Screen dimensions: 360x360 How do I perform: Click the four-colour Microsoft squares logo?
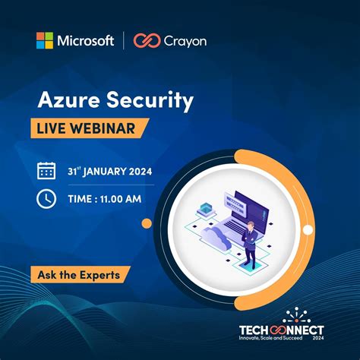pos(45,40)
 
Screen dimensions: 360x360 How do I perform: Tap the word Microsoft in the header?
pos(85,40)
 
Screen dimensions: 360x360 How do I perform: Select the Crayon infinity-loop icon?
pos(146,40)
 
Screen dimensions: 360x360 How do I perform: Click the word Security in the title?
pos(150,100)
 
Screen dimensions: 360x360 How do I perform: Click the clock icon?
pos(46,199)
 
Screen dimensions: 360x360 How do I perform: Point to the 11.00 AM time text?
pos(121,199)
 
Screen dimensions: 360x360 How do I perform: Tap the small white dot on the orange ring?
pos(308,229)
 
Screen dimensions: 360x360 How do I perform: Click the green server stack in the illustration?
pos(203,210)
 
